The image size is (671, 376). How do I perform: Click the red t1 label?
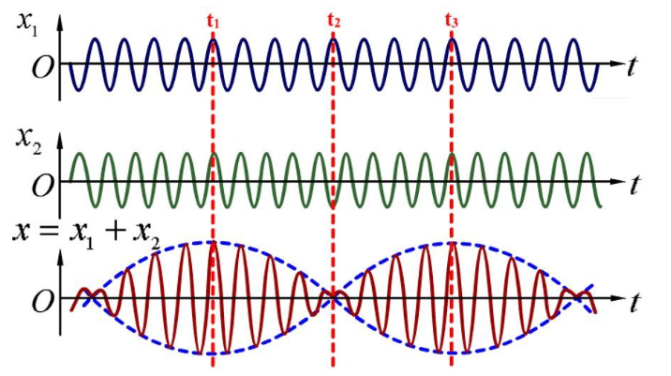[213, 21]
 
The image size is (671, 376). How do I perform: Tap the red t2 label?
[334, 21]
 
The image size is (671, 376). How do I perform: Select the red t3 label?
[452, 21]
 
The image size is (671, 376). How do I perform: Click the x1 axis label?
[27, 25]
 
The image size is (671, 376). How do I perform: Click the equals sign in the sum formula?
[48, 233]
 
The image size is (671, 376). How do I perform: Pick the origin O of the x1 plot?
[43, 68]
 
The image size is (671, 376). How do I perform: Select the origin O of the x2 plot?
[43, 186]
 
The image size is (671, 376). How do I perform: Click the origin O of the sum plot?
[43, 302]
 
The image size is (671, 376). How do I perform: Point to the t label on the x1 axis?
[632, 67]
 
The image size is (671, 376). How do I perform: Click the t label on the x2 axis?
[634, 185]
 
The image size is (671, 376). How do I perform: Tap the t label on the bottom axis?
[634, 302]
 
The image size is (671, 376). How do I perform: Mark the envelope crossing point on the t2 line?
[334, 298]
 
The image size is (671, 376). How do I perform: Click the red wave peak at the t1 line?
[213, 243]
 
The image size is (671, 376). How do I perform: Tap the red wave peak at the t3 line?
[452, 243]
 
